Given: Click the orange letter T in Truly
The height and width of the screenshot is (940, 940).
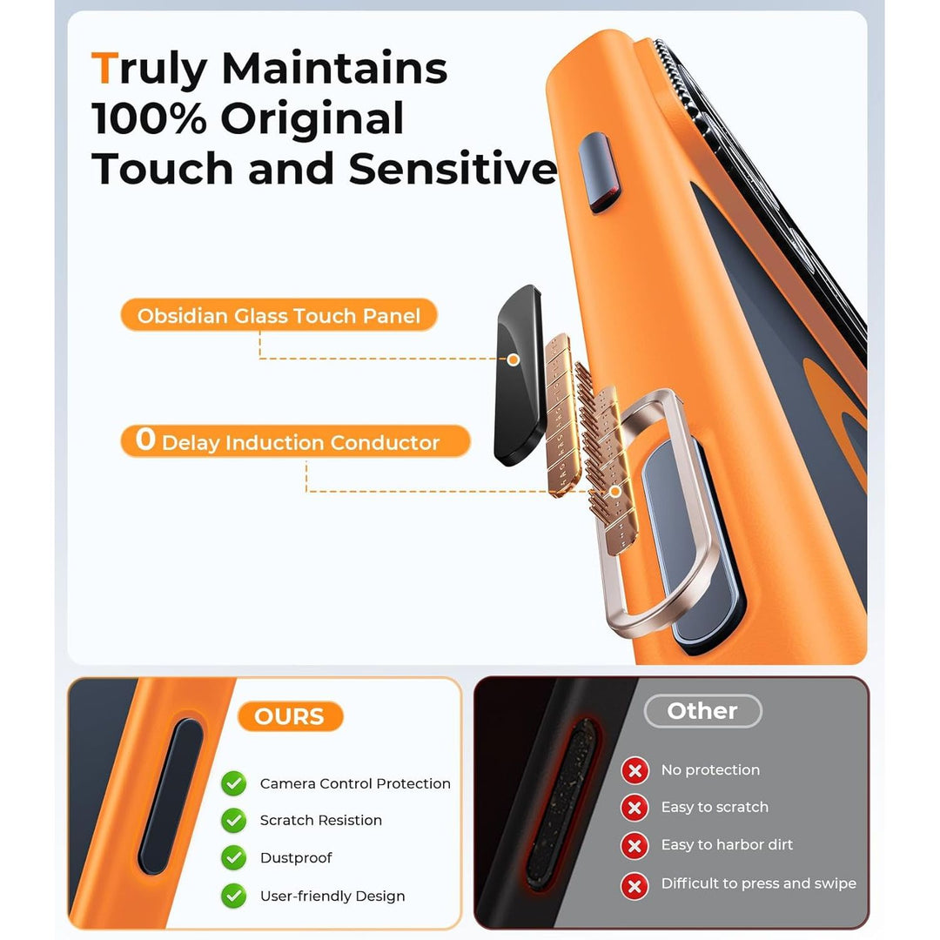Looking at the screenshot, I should (x=104, y=69).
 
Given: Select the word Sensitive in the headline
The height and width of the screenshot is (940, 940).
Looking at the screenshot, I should (x=453, y=169).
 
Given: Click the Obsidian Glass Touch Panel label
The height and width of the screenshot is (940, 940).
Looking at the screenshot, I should (x=279, y=316).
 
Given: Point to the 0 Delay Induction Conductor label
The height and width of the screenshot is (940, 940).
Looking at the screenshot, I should (x=295, y=441).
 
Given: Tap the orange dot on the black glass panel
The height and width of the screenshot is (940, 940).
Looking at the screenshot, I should (x=514, y=359).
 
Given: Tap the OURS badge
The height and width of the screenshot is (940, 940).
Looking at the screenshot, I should (x=290, y=716).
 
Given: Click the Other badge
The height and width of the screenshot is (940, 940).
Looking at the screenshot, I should (x=702, y=711).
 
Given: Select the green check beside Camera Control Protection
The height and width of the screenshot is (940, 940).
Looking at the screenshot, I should (x=232, y=783).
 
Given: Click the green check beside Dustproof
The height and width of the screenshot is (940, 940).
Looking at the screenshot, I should (x=232, y=858).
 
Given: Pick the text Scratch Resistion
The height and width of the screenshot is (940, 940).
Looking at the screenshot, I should (x=320, y=821).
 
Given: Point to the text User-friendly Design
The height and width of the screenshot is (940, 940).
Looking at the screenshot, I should (x=332, y=896).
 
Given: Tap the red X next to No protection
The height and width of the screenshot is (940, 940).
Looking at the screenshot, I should (x=634, y=770).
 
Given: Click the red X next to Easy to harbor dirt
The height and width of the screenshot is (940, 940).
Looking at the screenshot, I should (x=634, y=845).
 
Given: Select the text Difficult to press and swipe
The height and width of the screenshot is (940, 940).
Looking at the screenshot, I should (x=758, y=883).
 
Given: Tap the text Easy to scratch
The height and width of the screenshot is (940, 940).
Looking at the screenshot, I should (x=715, y=808).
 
